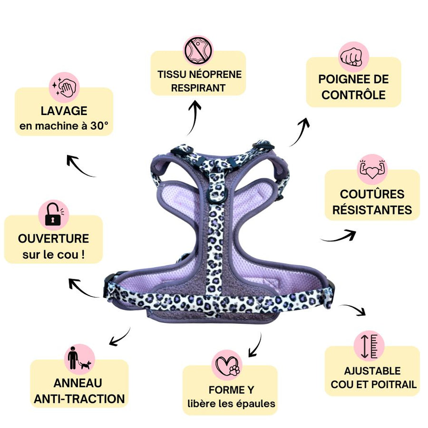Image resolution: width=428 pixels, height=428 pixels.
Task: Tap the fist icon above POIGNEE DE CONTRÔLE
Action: [353, 57]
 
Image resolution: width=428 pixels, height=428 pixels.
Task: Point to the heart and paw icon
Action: [227, 365]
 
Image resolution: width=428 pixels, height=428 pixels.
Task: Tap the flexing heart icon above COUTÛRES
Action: [372, 170]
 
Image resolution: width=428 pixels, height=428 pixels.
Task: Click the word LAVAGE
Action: [64, 111]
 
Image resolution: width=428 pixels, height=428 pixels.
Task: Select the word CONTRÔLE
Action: [353, 95]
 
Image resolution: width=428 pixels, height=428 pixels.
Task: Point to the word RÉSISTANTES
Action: [372, 210]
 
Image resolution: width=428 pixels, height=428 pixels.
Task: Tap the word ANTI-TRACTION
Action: [79, 399]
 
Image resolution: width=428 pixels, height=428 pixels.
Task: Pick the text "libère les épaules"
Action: [231, 404]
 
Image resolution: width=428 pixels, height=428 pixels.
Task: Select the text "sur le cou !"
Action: [53, 254]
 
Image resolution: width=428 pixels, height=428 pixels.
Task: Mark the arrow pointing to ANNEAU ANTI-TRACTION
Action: [119, 336]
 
